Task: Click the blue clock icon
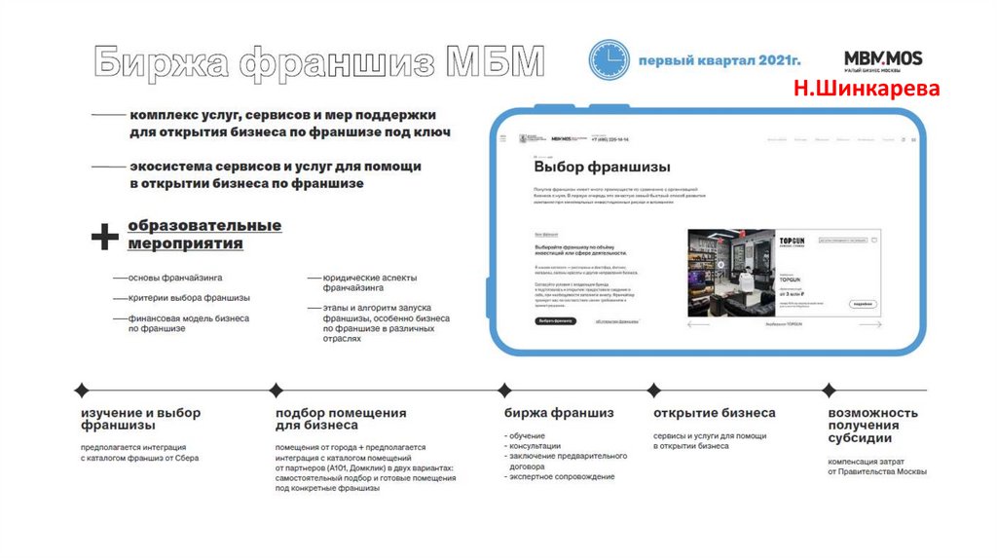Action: coord(609,60)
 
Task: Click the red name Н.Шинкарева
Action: coord(867,90)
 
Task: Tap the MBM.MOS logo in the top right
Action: coord(883,58)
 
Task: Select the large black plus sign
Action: coord(105,235)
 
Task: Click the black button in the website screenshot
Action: coord(554,320)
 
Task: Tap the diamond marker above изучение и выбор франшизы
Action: coord(80,391)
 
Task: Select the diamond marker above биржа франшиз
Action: coord(504,391)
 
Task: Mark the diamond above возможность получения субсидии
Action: coord(829,391)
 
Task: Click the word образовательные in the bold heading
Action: coord(204,226)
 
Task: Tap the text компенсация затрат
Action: coord(866,461)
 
